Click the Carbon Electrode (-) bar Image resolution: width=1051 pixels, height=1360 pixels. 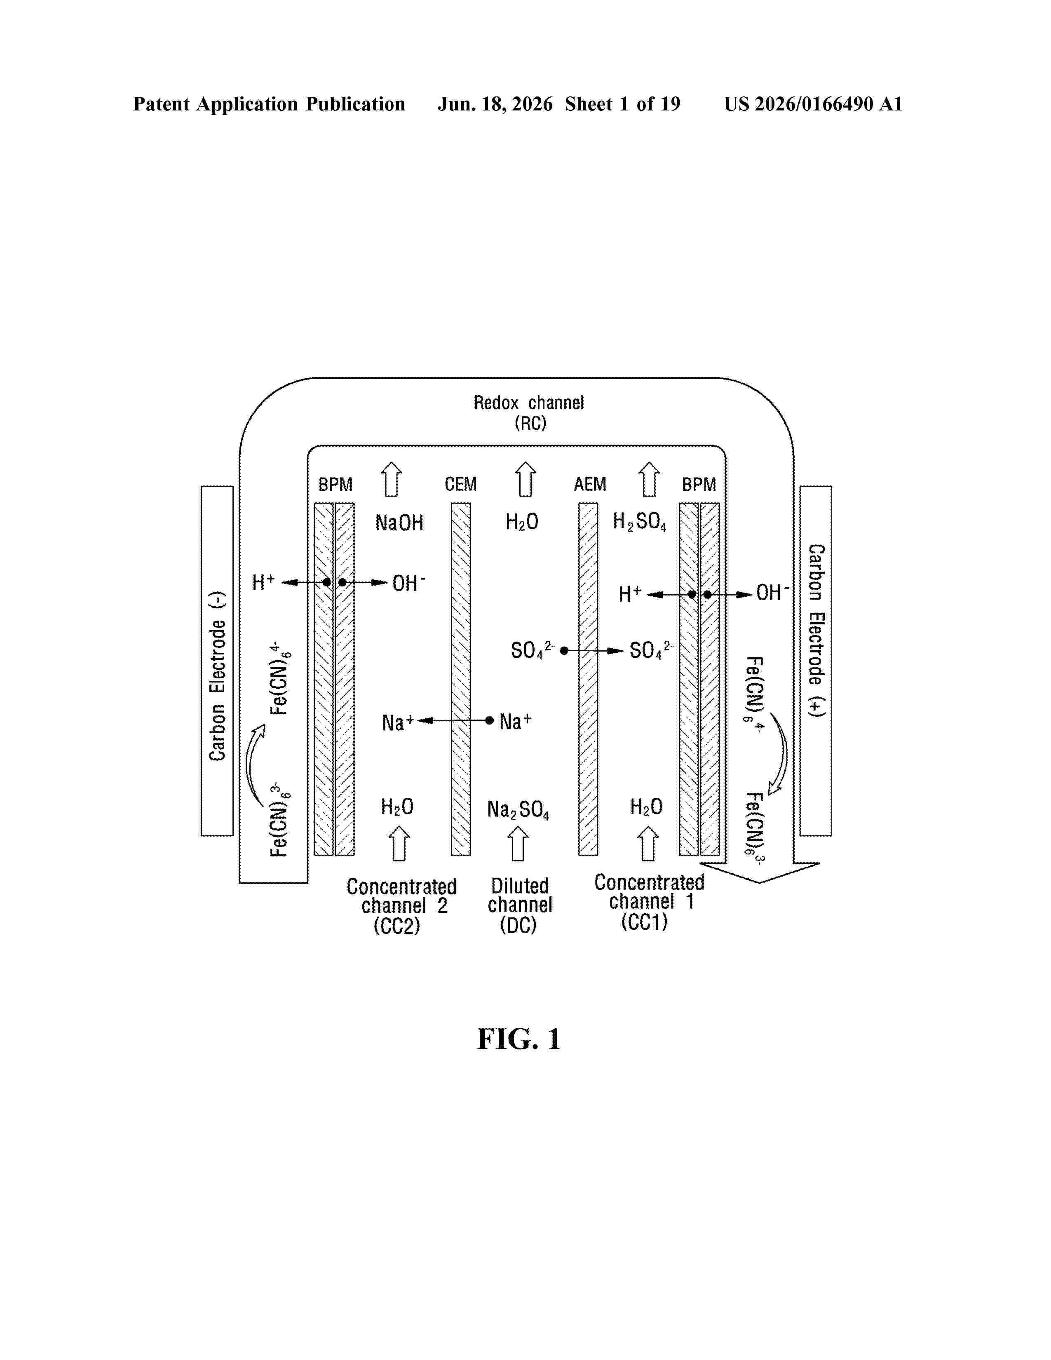point(217,661)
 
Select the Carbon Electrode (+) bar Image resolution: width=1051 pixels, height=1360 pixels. point(816,661)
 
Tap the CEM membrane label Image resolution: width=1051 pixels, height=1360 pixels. point(461,484)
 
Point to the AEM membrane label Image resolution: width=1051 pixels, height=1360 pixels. point(590,484)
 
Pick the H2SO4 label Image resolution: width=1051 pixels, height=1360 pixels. point(639,522)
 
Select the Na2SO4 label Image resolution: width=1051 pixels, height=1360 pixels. point(518,809)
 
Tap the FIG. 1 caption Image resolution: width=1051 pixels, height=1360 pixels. point(518,1039)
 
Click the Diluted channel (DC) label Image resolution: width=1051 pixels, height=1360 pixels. point(519,905)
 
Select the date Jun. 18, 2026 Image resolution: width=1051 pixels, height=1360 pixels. point(495,104)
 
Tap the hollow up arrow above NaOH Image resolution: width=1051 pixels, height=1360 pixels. point(391,479)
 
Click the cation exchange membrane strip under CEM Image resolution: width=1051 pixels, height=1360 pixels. point(461,679)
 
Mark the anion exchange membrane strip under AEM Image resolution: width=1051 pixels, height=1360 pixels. point(589,679)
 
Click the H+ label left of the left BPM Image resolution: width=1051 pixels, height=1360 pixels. point(263,583)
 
